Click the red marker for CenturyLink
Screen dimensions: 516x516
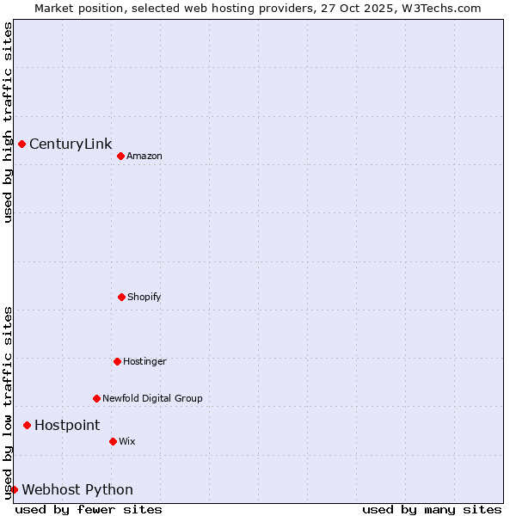[21, 144]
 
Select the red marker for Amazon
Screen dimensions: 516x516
[120, 156]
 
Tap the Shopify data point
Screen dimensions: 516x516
[121, 297]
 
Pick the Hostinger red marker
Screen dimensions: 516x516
[117, 361]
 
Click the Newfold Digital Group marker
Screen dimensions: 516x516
[96, 398]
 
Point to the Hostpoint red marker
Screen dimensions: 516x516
[27, 425]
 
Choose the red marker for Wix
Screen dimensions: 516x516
[113, 441]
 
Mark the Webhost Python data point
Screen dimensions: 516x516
[14, 489]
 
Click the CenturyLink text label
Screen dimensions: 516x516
[71, 144]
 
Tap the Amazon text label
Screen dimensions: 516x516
[144, 156]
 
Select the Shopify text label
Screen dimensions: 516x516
[144, 297]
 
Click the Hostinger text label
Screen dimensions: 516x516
[144, 361]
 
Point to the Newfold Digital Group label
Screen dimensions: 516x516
[152, 398]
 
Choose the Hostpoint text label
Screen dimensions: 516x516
[67, 425]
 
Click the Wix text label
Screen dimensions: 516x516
[127, 441]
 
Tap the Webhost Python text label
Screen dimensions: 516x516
[77, 489]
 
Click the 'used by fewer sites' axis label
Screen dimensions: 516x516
[89, 509]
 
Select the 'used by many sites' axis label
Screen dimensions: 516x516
[432, 509]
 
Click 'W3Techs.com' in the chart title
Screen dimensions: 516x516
[438, 8]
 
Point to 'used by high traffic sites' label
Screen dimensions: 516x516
[8, 122]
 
